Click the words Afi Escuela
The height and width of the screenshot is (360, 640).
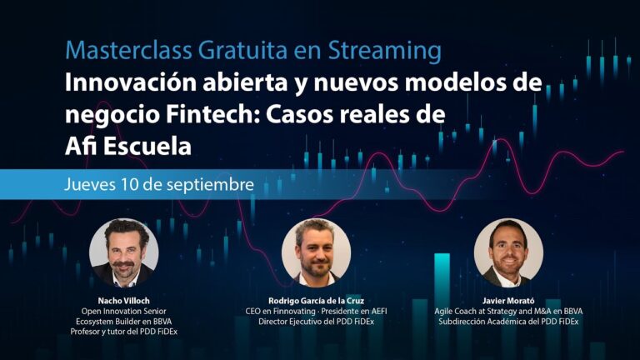tap(127, 145)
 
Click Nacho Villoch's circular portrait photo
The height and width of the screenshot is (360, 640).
tap(124, 252)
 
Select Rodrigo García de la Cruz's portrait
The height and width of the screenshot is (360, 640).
tap(317, 252)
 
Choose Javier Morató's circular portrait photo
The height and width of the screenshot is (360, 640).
tap(508, 252)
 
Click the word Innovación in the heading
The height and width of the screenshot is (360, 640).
tap(126, 83)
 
